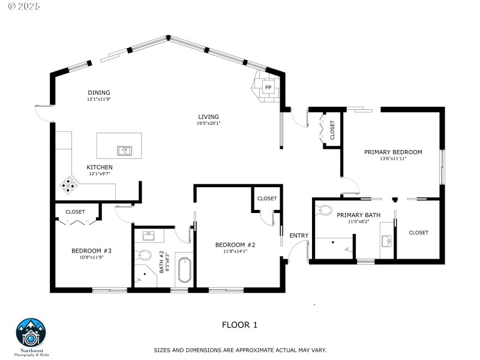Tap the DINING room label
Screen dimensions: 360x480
pyautogui.click(x=99, y=92)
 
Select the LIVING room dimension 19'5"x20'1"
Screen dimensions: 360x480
pyautogui.click(x=209, y=124)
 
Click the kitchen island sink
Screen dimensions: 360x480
pyautogui.click(x=125, y=150)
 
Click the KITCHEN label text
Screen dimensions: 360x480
pyautogui.click(x=99, y=167)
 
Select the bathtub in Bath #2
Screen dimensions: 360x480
pyautogui.click(x=184, y=271)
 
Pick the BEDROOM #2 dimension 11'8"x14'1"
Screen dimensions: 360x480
pyautogui.click(x=236, y=251)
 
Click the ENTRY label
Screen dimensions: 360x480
pyautogui.click(x=299, y=236)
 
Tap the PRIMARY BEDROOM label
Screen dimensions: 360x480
pyautogui.click(x=393, y=152)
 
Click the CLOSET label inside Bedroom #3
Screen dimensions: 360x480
pyautogui.click(x=75, y=212)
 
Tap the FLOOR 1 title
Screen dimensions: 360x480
pyautogui.click(x=239, y=325)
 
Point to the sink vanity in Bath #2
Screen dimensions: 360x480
pyautogui.click(x=150, y=235)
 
